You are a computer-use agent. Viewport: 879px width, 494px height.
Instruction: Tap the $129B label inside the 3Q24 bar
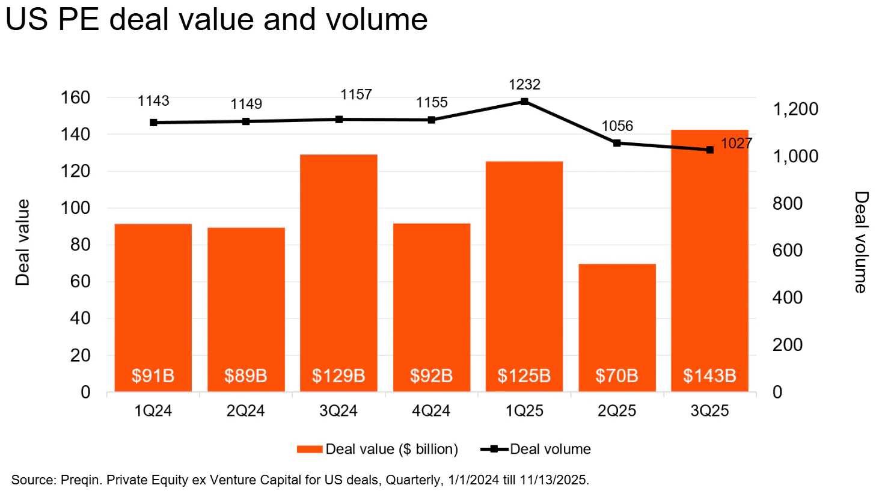tap(338, 376)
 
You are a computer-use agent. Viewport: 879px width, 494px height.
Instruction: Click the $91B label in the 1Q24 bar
tap(153, 376)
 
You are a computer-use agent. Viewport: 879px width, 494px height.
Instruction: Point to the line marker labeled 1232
tap(525, 102)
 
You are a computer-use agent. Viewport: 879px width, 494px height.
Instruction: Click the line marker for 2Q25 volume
tap(617, 143)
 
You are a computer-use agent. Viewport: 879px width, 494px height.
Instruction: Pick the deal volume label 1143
tap(153, 101)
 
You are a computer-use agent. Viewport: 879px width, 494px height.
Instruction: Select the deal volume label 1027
tap(736, 144)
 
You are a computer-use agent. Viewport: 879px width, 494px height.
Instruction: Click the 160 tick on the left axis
tap(75, 97)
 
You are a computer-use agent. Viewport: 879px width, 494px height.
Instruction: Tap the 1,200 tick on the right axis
tap(795, 109)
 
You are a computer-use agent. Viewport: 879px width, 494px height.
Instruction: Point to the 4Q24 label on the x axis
tap(431, 411)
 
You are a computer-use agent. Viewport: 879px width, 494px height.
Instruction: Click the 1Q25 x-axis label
tap(524, 411)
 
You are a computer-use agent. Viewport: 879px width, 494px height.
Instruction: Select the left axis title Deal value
tap(22, 242)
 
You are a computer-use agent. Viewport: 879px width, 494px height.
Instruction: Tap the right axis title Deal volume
tap(861, 242)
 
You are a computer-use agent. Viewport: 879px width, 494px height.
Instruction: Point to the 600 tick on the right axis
tap(787, 251)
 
